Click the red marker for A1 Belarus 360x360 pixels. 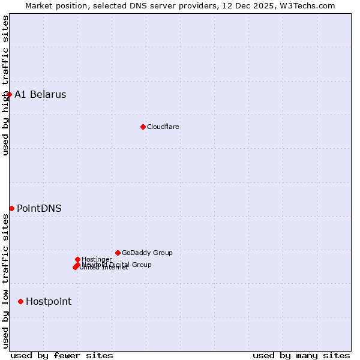(9, 94)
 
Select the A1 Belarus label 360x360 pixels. (40, 94)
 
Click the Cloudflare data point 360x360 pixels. (143, 127)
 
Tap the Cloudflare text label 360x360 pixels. (163, 127)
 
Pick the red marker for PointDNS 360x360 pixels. (11, 208)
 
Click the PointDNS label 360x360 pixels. (39, 208)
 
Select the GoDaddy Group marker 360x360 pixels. (118, 253)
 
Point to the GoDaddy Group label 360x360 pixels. (147, 253)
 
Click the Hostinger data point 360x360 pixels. (77, 259)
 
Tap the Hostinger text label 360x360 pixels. (97, 259)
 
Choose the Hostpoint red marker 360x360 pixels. (20, 301)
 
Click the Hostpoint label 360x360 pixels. (49, 301)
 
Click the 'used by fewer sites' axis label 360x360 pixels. (62, 355)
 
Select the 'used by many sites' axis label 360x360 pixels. (301, 355)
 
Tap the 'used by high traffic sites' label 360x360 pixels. (5, 85)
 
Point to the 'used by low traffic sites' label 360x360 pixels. (5, 281)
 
